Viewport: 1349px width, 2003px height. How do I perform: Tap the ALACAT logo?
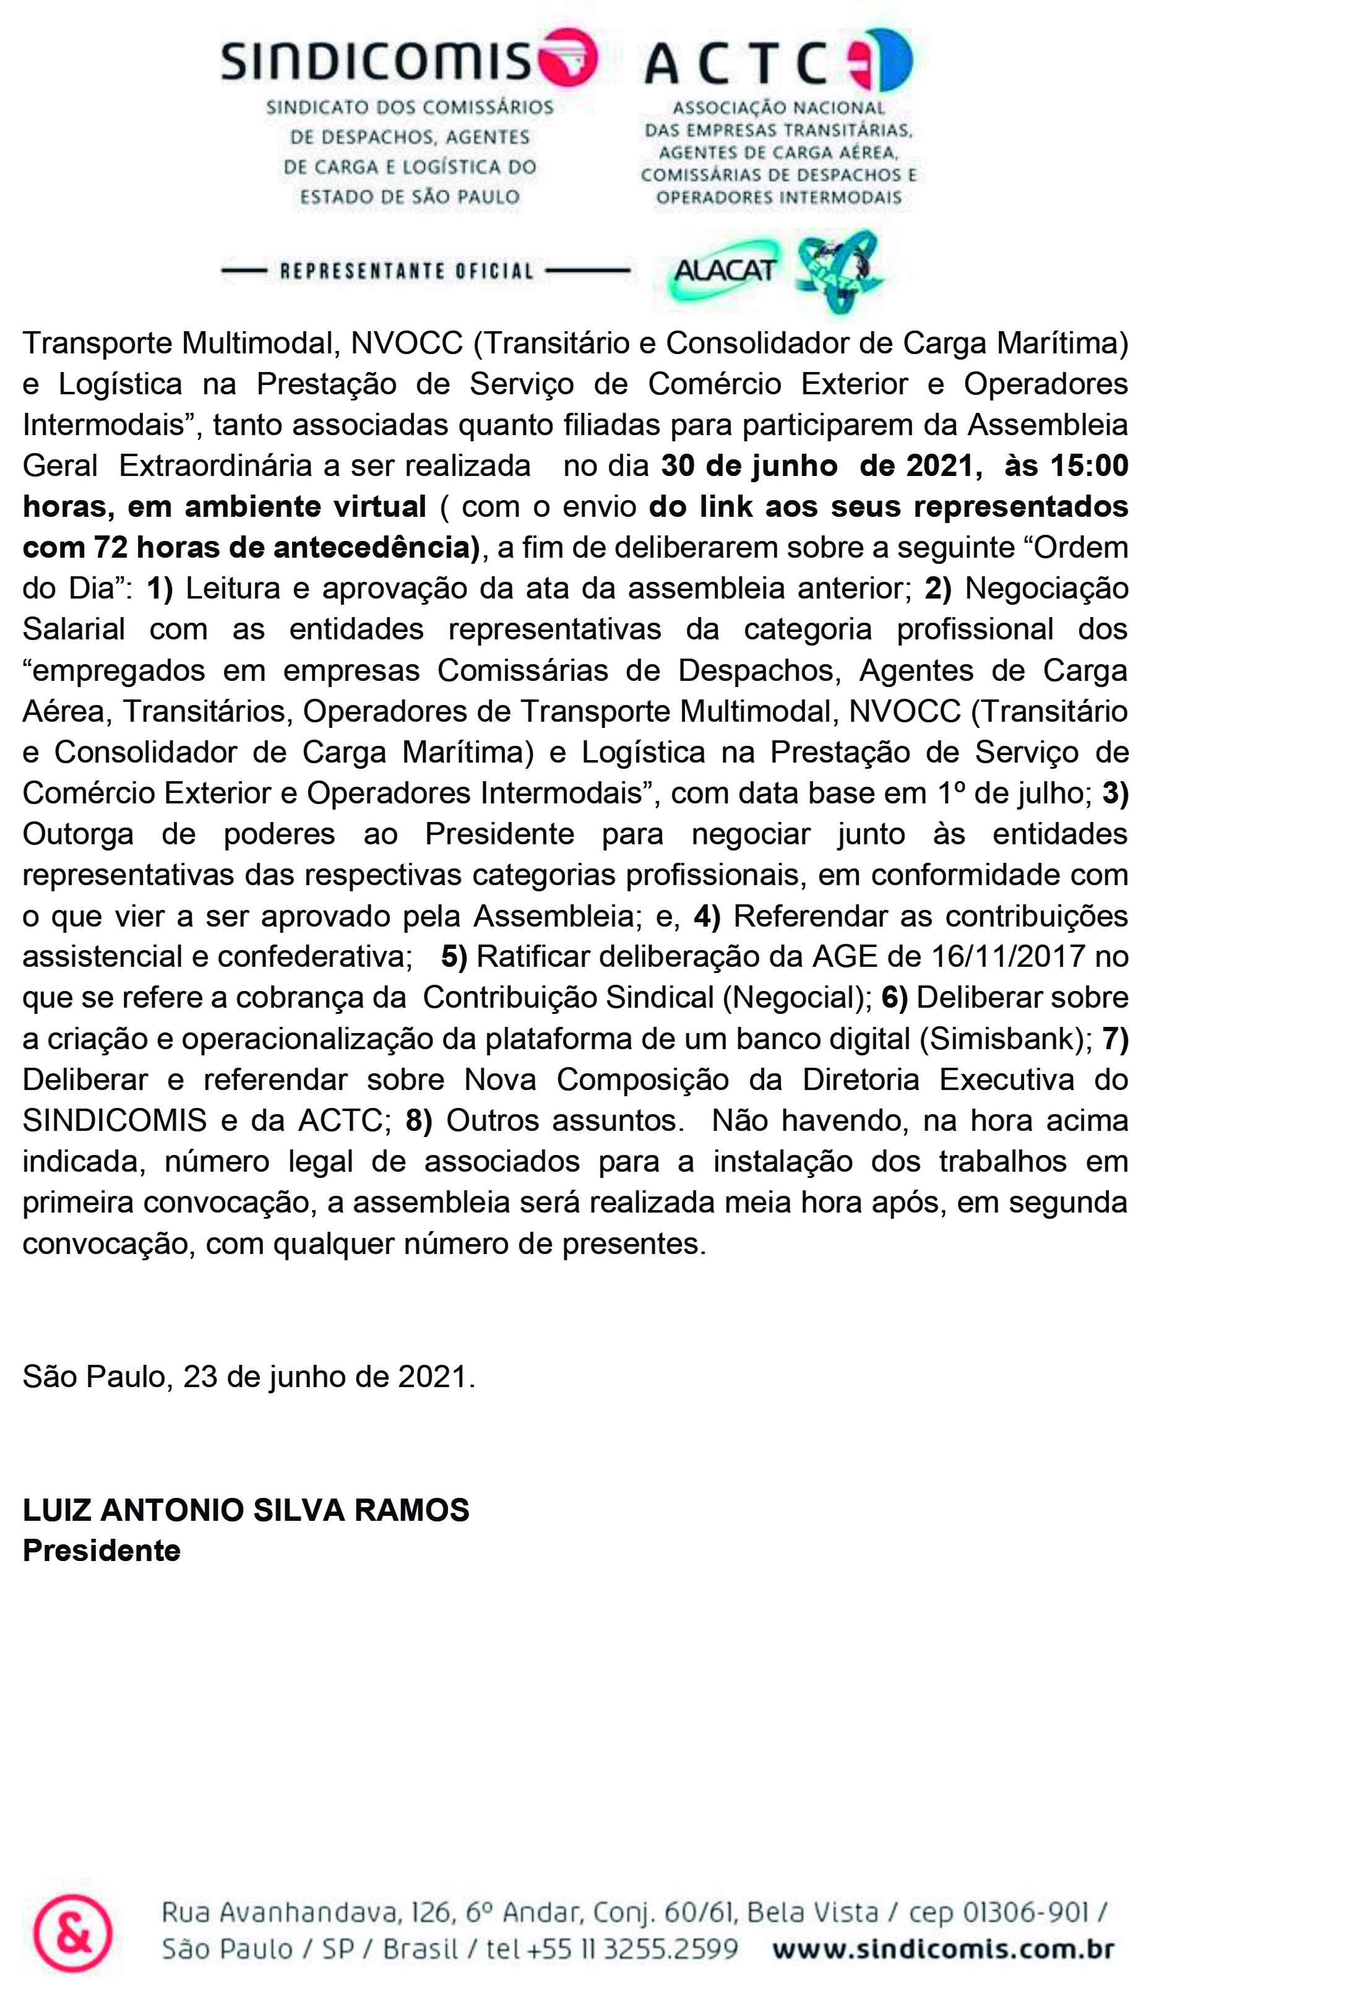click(x=725, y=271)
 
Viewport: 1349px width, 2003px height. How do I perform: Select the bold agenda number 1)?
click(x=160, y=589)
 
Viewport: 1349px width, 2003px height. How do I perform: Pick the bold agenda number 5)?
click(x=454, y=957)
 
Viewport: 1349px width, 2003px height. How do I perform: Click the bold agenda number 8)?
click(x=418, y=1120)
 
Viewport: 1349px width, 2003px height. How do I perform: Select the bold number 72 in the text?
click(x=110, y=547)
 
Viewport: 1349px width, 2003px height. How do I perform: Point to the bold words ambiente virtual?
click(x=306, y=507)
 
